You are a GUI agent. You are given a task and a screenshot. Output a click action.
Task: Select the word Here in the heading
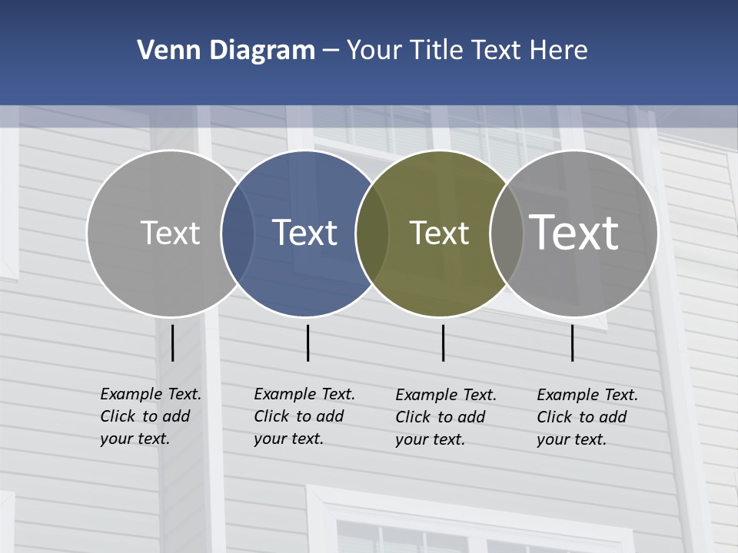point(559,51)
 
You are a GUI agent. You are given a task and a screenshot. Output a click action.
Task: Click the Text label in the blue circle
point(305,233)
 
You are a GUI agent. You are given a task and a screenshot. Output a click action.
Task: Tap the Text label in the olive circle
point(439,233)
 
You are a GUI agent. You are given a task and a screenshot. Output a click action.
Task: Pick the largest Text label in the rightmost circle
point(574,233)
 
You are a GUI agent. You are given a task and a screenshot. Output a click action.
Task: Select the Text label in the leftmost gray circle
point(170,233)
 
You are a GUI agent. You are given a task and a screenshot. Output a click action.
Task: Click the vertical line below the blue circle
point(307,343)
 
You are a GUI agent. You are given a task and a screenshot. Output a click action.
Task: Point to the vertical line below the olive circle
point(443,343)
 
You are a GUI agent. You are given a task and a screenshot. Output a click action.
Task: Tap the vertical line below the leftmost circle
point(172,343)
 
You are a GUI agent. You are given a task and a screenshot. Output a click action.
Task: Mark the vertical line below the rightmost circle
point(572,343)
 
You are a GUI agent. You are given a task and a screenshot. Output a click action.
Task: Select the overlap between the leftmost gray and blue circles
point(238,233)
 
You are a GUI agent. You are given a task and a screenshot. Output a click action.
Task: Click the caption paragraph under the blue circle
point(304,416)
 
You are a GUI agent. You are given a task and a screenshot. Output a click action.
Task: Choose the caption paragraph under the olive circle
point(445,417)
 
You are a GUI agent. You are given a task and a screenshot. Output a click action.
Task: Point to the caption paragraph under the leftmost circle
point(150,416)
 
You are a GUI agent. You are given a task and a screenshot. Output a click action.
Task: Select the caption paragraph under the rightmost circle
point(587,417)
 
